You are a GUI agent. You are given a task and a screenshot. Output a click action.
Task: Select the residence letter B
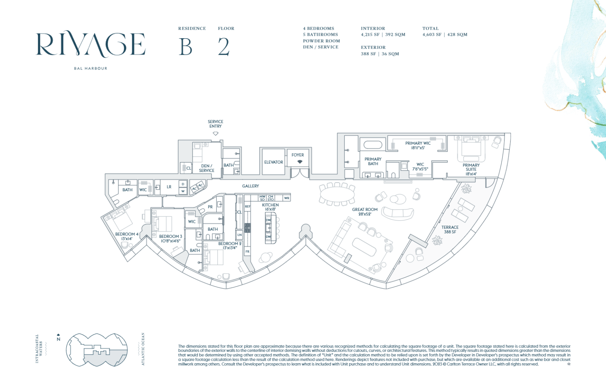pos(185,47)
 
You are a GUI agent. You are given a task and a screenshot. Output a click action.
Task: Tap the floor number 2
pos(224,47)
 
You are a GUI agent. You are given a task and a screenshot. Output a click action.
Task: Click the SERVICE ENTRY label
pos(215,124)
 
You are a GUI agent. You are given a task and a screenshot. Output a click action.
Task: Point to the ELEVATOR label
pos(273,162)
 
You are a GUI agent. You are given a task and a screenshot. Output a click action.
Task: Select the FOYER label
pos(298,155)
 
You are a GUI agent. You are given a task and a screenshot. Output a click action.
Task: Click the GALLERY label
pos(251,186)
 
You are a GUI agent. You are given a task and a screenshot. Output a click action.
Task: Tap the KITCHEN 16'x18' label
pos(270,207)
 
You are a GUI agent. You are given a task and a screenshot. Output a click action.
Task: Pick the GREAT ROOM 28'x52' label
pos(365,212)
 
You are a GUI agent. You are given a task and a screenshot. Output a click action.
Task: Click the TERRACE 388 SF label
pos(450,230)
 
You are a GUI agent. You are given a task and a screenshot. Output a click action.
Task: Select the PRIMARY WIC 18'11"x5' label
pos(418,146)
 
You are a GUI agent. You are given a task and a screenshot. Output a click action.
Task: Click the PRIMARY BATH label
pos(373,161)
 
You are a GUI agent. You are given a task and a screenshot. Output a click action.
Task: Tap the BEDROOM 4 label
pos(127,236)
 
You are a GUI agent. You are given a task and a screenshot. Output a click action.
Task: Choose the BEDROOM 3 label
pos(170,239)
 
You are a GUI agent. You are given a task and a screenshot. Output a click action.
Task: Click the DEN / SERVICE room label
pos(207,168)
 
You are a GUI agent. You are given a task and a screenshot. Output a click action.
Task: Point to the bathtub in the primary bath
pos(373,144)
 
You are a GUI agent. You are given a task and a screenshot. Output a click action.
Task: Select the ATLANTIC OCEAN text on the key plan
pos(143,349)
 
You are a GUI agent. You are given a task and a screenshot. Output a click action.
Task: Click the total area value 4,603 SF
pos(432,35)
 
